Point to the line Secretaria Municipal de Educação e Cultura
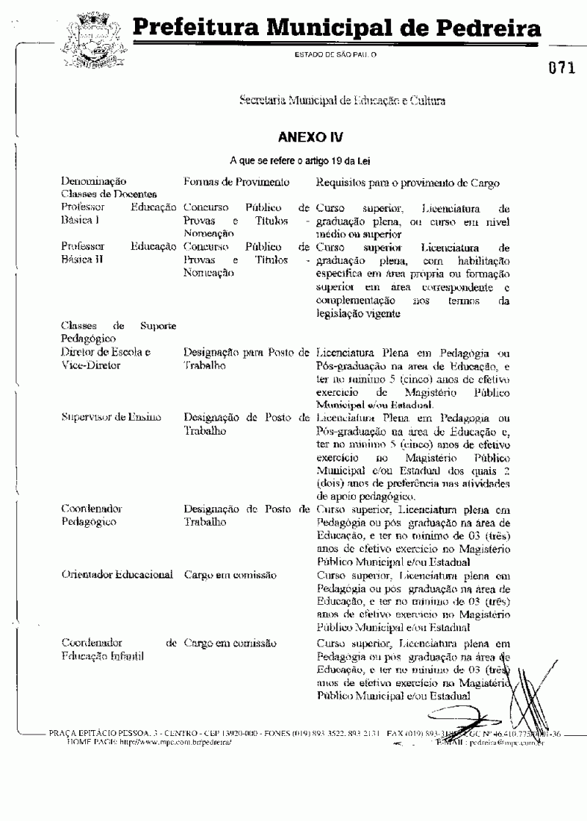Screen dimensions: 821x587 tap(342, 100)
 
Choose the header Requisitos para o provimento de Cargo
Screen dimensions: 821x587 tap(408, 182)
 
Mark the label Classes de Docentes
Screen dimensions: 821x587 tap(109, 194)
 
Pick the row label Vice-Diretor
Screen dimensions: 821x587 tap(91, 365)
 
